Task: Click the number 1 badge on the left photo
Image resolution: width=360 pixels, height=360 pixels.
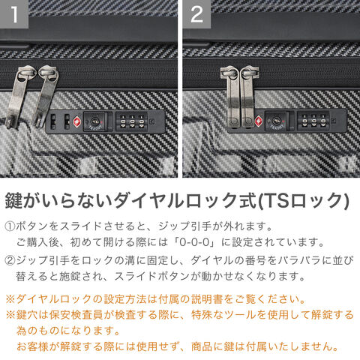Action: point(14,13)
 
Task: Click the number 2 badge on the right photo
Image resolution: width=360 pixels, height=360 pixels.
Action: point(196,13)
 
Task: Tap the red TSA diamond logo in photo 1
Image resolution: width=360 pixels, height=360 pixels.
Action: point(77,121)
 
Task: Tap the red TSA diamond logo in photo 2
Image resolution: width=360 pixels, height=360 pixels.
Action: point(259,121)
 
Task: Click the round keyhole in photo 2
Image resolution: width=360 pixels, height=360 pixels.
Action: point(277,121)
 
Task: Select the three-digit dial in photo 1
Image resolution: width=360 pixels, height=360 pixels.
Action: point(132,121)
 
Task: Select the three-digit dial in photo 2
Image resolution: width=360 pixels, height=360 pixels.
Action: point(313,121)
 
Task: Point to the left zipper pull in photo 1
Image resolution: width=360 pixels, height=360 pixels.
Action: point(18,97)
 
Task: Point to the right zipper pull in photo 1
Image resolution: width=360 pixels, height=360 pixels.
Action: point(46,95)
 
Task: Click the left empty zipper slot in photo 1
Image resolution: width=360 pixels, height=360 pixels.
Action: point(53,121)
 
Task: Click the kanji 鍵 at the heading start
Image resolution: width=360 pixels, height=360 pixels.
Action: point(14,200)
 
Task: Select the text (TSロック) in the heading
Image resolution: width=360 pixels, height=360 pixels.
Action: point(303,200)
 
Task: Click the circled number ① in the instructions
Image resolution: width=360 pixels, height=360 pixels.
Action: point(10,226)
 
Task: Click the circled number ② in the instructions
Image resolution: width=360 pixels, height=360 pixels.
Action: point(10,260)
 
